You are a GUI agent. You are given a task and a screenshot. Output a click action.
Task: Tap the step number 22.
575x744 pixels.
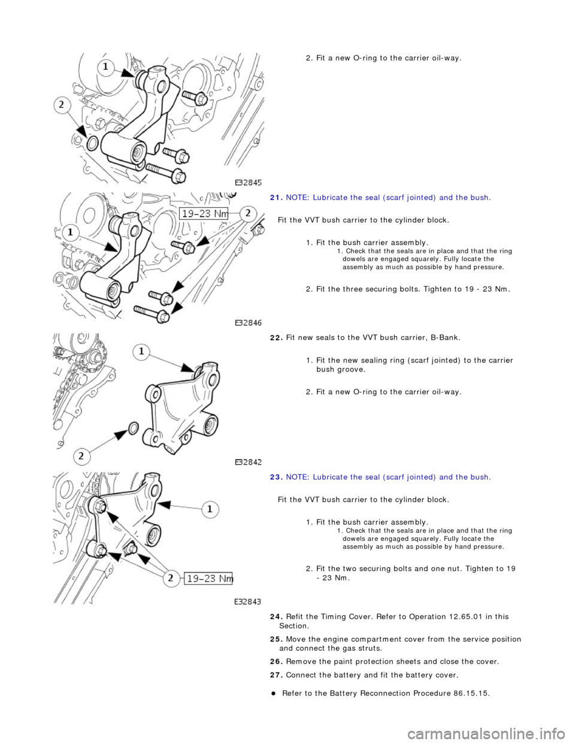click(276, 337)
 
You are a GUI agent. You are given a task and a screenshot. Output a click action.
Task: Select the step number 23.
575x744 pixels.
click(276, 477)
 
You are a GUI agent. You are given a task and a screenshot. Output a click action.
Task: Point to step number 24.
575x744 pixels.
click(276, 616)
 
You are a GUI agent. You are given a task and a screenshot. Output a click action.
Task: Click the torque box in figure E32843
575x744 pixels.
click(208, 579)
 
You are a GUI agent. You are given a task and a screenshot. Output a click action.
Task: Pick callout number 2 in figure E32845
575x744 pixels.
click(62, 105)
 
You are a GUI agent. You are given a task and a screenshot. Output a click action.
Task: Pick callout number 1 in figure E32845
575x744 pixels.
click(106, 67)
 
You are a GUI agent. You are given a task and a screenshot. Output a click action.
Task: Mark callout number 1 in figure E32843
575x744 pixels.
click(210, 509)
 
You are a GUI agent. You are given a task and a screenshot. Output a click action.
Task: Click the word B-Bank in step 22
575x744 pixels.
click(446, 337)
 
